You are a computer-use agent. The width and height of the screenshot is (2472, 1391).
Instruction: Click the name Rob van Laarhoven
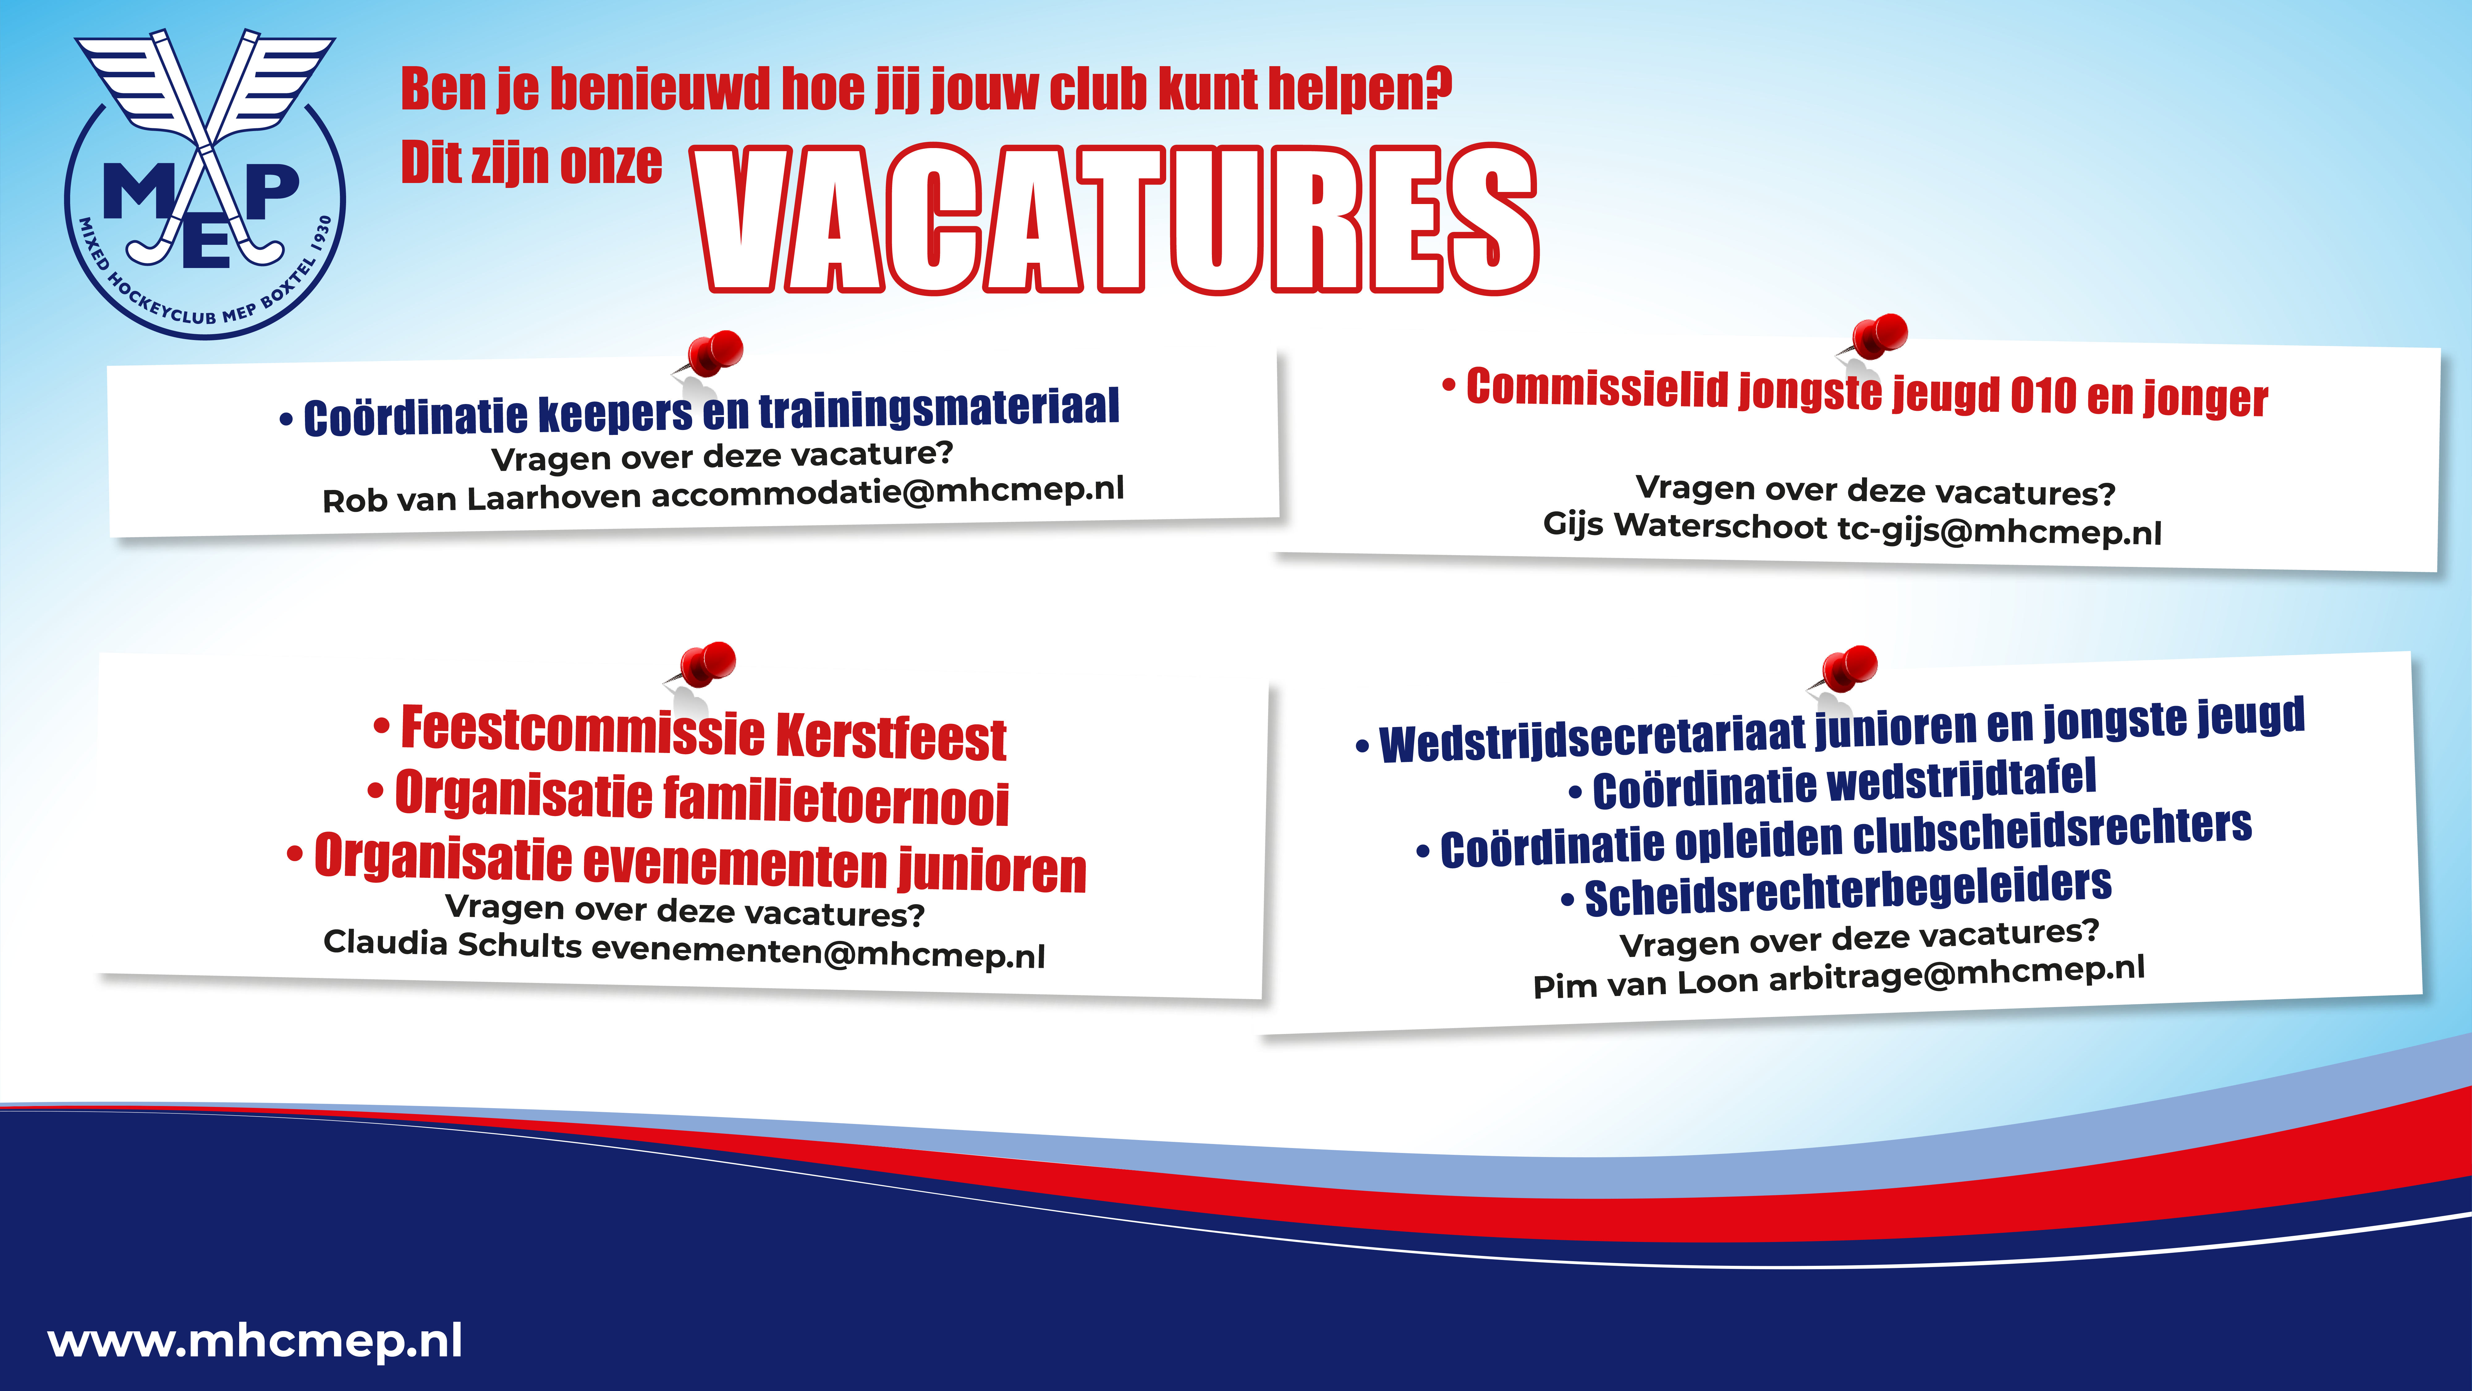(x=482, y=499)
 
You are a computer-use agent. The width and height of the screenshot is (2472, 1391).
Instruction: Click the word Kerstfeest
(x=891, y=737)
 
